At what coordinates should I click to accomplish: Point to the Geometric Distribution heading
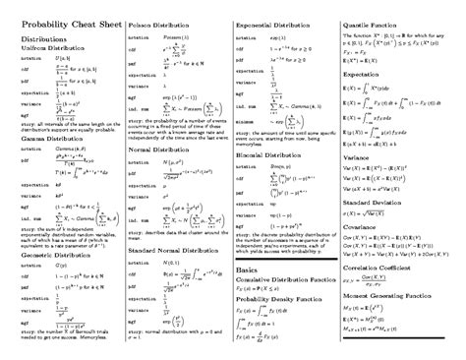point(56,255)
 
